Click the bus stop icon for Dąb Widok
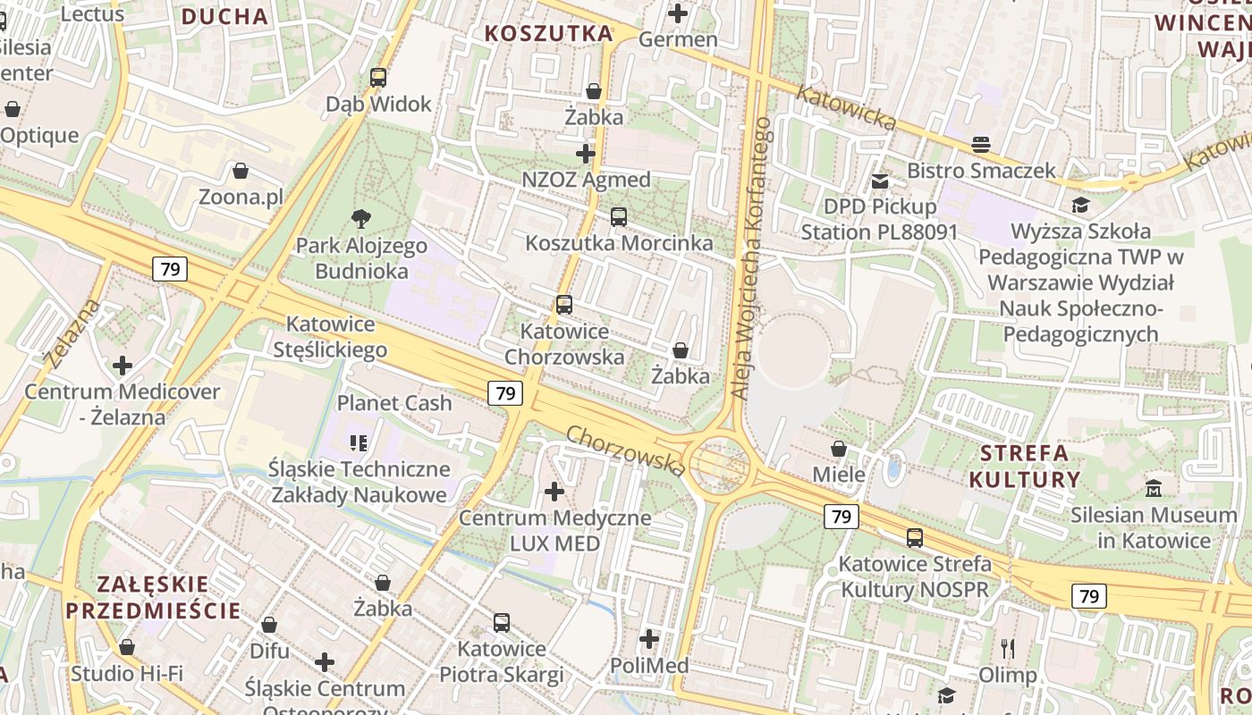pos(378,78)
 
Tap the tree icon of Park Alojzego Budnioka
pos(361,218)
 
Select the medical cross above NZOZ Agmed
pos(586,154)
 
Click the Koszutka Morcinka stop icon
pos(618,216)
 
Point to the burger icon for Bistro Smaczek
pos(981,144)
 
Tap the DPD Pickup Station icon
pos(880,181)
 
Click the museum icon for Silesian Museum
pos(1154,488)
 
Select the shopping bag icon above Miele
pos(839,448)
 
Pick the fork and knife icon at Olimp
pos(1008,648)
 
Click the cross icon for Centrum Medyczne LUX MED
pos(554,491)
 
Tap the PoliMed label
pos(649,666)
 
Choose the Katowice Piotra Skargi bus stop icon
pos(502,622)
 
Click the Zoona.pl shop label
pos(240,197)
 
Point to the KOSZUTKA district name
pos(549,34)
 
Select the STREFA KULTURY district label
pos(1025,466)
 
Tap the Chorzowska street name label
pos(626,450)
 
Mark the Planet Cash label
pos(394,403)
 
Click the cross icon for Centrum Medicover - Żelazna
pos(123,366)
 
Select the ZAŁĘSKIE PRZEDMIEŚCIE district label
pos(153,598)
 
